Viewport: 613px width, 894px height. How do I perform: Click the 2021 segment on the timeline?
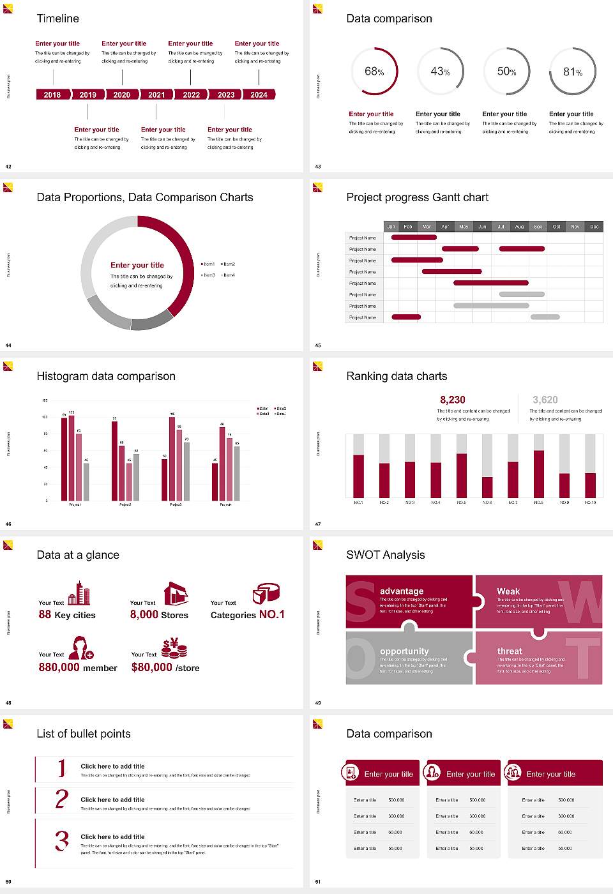(x=156, y=95)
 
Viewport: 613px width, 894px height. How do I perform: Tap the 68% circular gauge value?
(x=374, y=72)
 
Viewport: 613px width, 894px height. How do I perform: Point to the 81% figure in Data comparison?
(x=573, y=72)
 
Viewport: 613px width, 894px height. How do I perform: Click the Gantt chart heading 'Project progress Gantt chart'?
(x=417, y=197)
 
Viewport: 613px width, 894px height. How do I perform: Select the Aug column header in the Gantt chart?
(x=519, y=227)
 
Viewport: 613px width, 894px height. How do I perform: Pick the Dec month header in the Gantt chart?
(x=594, y=227)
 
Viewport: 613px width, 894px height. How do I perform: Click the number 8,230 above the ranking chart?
(x=453, y=400)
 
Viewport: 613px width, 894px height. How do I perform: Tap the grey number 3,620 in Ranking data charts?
(x=545, y=400)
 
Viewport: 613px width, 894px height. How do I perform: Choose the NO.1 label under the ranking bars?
(x=358, y=503)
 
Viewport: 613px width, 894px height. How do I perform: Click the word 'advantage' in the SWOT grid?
(x=402, y=591)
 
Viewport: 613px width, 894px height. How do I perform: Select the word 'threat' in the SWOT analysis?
(x=510, y=651)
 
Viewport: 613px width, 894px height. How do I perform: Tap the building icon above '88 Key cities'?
(x=79, y=593)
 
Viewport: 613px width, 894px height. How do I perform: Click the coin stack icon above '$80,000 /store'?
(x=174, y=648)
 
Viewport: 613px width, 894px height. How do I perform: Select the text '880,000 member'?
(x=78, y=668)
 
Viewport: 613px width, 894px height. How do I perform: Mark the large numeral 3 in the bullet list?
(x=61, y=840)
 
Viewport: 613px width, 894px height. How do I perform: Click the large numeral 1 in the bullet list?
(x=62, y=768)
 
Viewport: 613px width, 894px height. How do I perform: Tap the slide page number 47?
(x=318, y=524)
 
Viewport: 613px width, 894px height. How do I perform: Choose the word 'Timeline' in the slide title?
(x=58, y=19)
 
